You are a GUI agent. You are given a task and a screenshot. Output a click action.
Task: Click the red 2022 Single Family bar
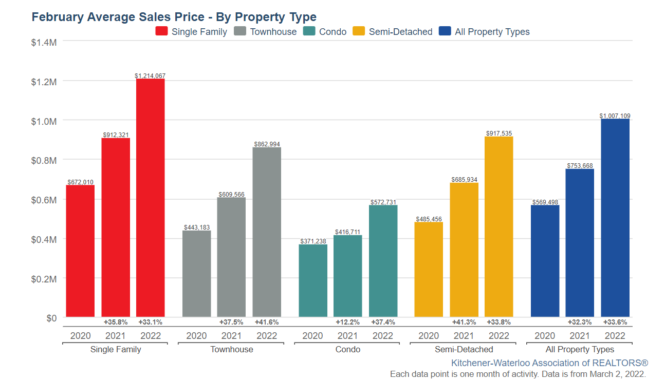[x=150, y=198]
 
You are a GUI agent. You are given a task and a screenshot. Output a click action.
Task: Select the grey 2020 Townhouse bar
[x=196, y=273]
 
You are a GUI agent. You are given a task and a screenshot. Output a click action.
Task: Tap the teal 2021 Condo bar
[x=347, y=276]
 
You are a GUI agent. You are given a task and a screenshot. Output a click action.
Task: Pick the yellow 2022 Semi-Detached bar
[x=498, y=226]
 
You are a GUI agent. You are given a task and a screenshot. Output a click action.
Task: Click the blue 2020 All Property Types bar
[x=545, y=261]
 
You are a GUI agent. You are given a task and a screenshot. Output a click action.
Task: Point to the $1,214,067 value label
[x=150, y=75]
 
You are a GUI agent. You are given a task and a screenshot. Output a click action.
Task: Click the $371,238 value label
[x=313, y=241]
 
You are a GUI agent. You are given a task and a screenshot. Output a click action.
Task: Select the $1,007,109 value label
[x=615, y=116]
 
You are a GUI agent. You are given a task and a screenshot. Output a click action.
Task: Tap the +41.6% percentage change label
[x=267, y=322]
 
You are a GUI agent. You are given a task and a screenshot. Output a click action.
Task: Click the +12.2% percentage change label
[x=347, y=322]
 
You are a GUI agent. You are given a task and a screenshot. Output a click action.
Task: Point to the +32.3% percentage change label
[x=580, y=322]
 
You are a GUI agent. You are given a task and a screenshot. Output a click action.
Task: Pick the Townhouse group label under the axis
[x=231, y=349]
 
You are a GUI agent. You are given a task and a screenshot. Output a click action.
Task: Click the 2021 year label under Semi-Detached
[x=464, y=336]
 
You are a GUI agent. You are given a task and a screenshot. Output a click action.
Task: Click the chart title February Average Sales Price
[x=174, y=17]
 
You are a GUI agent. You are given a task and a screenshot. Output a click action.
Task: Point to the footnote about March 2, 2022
[x=518, y=374]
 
